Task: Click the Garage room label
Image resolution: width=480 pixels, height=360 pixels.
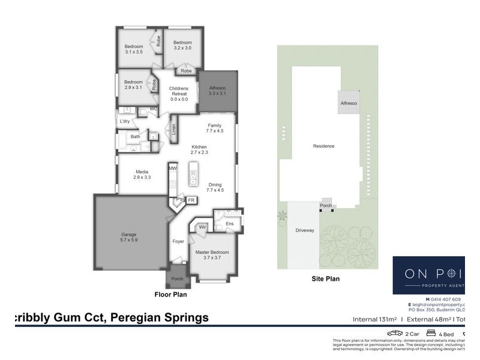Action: coord(129,234)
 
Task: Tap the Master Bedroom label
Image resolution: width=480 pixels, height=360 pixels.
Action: coord(212,253)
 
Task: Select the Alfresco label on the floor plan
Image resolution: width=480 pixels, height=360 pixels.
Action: coord(217,88)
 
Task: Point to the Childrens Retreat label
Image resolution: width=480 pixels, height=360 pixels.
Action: coord(178,89)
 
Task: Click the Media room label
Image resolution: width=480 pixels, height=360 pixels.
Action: coord(142,172)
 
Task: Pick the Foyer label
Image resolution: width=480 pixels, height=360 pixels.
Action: coord(178,241)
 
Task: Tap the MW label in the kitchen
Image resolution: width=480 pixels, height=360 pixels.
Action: coord(173,169)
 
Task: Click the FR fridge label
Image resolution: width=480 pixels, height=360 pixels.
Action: coord(191,200)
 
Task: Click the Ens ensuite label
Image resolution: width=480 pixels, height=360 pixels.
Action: coord(229,224)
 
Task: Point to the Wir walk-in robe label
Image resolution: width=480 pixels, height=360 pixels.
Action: coord(202,227)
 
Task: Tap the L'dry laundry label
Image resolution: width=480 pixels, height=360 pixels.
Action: coord(125,122)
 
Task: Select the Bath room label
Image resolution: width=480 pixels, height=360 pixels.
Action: coord(135,137)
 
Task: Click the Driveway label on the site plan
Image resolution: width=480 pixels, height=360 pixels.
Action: coord(305,230)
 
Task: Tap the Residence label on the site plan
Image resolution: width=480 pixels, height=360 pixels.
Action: coord(323,146)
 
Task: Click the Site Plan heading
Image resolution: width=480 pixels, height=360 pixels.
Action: coord(326,278)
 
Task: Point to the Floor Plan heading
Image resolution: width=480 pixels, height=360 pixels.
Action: coord(170,295)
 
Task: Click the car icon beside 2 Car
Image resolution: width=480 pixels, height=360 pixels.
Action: coord(394,333)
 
